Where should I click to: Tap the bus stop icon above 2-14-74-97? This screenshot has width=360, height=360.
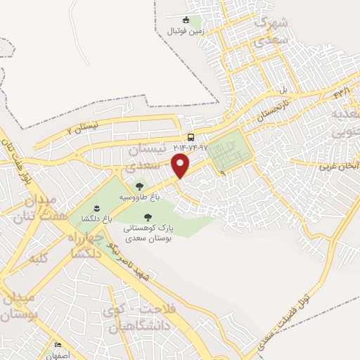[191, 137]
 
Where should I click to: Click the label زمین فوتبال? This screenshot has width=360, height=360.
[186, 32]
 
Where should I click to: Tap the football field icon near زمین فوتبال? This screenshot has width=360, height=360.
[186, 20]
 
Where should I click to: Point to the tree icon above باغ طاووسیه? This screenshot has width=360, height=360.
[139, 186]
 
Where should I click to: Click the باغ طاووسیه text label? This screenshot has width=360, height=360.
[139, 198]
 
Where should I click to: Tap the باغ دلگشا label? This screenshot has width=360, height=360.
[97, 219]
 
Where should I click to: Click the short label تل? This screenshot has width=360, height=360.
[285, 91]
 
